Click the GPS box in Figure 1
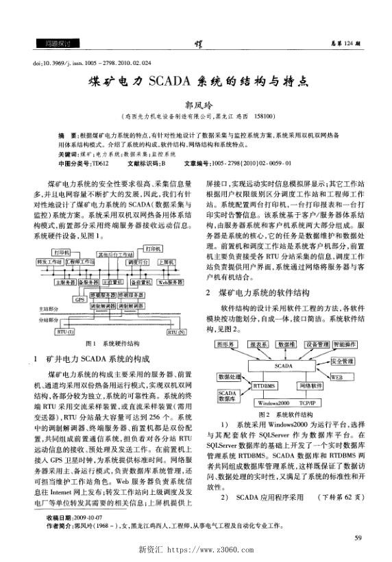tap(80, 299)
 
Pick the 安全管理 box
tap(342, 360)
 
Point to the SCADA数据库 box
tap(228, 396)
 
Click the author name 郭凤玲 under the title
tap(195, 106)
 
